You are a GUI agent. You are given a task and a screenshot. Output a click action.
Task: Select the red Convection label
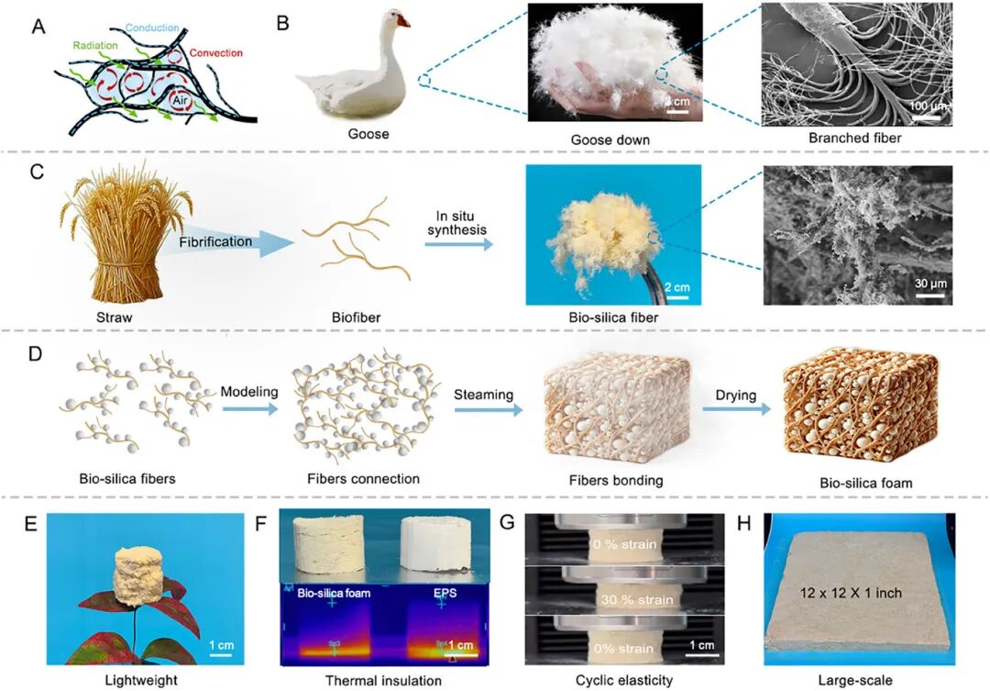tap(214, 54)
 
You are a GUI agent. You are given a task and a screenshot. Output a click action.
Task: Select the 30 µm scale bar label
tap(929, 282)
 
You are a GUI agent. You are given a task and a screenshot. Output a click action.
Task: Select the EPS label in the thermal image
tap(442, 593)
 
